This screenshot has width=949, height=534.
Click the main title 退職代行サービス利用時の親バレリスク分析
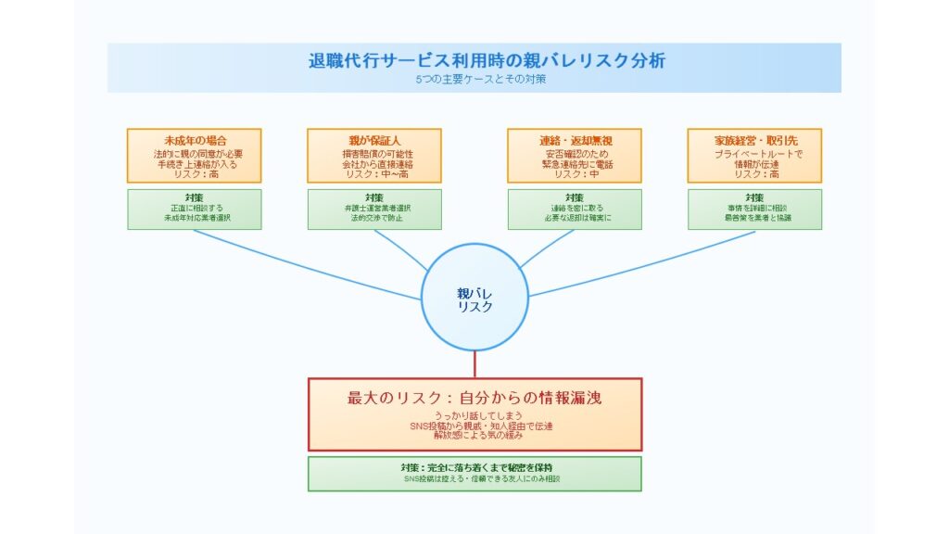(474, 61)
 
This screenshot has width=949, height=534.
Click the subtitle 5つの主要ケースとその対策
(474, 80)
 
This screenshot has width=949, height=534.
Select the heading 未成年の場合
(195, 140)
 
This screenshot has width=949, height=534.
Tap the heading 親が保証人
(374, 140)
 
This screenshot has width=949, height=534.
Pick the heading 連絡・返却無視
(575, 140)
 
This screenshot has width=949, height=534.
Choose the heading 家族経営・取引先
(754, 140)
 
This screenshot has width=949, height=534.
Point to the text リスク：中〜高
(374, 174)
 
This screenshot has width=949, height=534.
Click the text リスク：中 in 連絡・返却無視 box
(575, 174)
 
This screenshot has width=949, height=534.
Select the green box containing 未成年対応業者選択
(195, 209)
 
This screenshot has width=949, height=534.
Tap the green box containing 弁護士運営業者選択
(374, 209)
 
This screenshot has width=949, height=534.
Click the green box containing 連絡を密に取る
(575, 209)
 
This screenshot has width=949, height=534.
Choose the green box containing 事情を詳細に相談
(754, 209)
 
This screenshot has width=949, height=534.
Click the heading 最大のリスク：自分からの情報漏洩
(474, 398)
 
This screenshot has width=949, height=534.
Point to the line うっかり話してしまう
(474, 416)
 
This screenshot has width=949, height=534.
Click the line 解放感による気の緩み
(474, 436)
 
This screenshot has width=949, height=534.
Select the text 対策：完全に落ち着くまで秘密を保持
(474, 466)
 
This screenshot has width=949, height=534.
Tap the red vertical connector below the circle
(474, 365)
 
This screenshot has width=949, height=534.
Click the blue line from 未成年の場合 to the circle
(306, 265)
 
